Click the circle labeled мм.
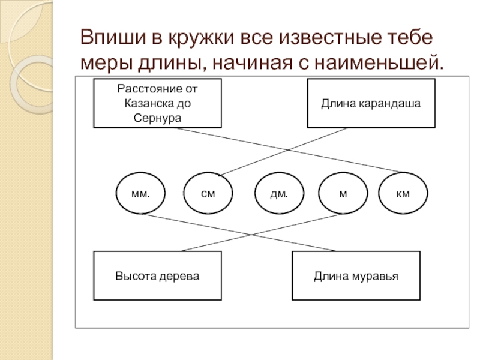[x=140, y=194]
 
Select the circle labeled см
[x=208, y=194]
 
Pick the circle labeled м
[x=343, y=194]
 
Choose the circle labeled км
[x=403, y=194]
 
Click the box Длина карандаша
[x=371, y=103]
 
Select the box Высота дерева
[x=157, y=277]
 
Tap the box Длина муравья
[x=356, y=277]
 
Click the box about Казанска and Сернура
[x=157, y=103]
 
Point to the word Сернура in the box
[x=157, y=118]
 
